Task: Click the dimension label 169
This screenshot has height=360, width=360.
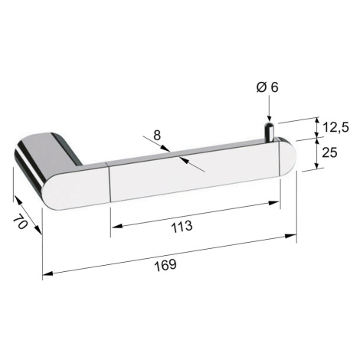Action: click(165, 265)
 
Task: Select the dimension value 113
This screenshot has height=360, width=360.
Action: click(182, 227)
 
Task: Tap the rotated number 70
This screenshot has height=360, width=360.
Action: click(21, 221)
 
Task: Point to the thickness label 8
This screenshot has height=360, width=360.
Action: click(157, 136)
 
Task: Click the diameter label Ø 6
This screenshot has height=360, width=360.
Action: click(267, 87)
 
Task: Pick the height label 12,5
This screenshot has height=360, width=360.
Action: click(335, 127)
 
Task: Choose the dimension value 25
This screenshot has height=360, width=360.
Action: click(329, 152)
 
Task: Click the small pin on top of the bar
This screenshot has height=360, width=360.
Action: click(269, 131)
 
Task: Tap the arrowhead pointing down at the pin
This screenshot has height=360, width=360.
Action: click(269, 118)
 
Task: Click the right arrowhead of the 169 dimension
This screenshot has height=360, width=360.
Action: click(290, 236)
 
